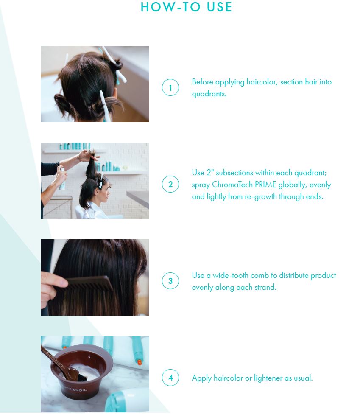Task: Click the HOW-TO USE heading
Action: (x=186, y=7)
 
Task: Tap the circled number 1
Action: (x=170, y=87)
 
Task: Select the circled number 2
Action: (x=170, y=184)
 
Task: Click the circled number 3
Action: (x=170, y=281)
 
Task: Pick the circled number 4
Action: (x=170, y=378)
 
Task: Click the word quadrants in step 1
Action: (x=209, y=94)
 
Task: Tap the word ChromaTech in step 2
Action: (x=232, y=185)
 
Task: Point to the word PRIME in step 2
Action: (x=265, y=185)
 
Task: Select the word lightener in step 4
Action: (x=268, y=378)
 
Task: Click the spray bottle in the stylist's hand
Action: (x=62, y=178)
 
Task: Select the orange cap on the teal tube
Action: (x=139, y=362)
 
